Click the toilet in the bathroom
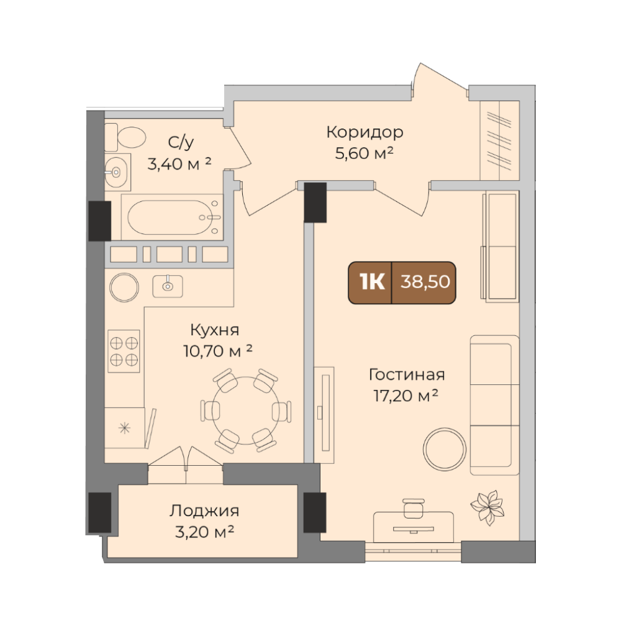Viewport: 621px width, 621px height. (x=125, y=137)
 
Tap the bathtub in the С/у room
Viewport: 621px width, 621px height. (x=172, y=217)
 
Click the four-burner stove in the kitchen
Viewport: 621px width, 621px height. (x=124, y=351)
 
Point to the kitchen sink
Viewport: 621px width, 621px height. (x=168, y=286)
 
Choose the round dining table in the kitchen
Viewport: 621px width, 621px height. (x=245, y=410)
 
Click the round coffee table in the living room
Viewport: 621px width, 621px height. (x=445, y=449)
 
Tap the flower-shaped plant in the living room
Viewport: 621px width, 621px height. (x=487, y=507)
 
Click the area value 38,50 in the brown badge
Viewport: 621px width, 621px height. (x=425, y=281)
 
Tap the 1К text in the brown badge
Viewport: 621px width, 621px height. (x=372, y=281)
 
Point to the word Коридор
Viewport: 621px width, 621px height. (x=365, y=132)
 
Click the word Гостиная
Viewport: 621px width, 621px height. (x=407, y=374)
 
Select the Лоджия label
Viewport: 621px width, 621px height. (x=204, y=511)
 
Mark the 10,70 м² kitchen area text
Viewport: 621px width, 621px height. (x=217, y=350)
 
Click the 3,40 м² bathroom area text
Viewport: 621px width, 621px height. (x=179, y=163)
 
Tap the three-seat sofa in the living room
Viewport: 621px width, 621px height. (x=495, y=405)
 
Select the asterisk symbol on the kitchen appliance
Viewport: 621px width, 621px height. (x=124, y=428)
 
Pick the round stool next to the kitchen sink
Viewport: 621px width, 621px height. (x=124, y=287)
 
